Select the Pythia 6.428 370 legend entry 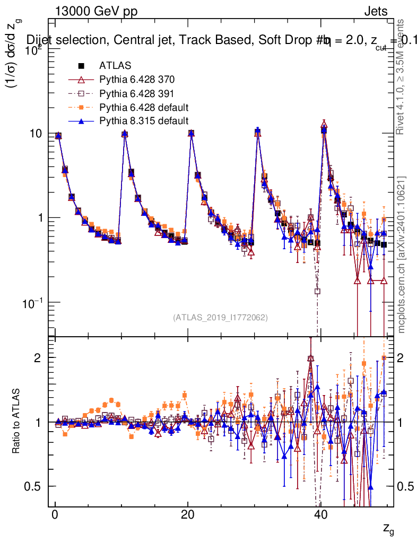point(137,80)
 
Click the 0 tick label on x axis point(55,516)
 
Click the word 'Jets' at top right point(375,12)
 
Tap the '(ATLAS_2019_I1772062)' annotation point(220,318)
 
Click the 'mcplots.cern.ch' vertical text point(402,255)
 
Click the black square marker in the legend point(81,66)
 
